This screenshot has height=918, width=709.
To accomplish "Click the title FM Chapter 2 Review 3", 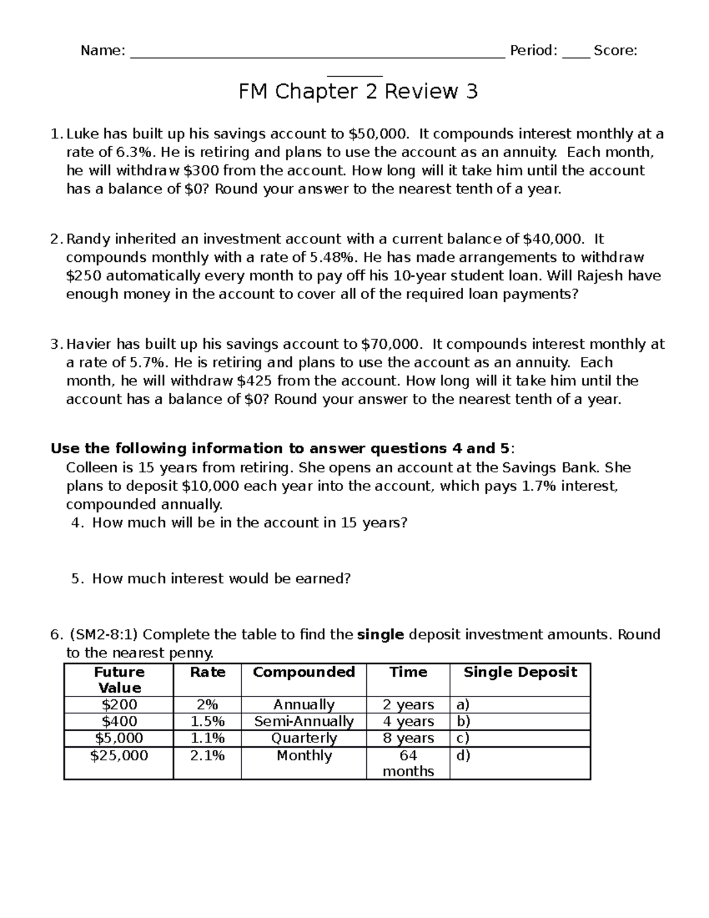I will pyautogui.click(x=357, y=92).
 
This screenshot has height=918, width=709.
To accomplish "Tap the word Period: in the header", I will pyautogui.click(x=533, y=51).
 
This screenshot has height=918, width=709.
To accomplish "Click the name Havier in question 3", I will pyautogui.click(x=89, y=344).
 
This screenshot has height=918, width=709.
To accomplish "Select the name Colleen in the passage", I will pyautogui.click(x=92, y=468).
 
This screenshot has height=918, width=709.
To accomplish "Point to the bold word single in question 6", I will pyautogui.click(x=381, y=635).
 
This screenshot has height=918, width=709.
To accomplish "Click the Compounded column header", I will pyautogui.click(x=304, y=672).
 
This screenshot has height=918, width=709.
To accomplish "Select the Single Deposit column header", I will pyautogui.click(x=520, y=672).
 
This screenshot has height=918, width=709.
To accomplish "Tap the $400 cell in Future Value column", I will pyautogui.click(x=119, y=721).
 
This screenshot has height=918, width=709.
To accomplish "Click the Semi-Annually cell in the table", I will pyautogui.click(x=304, y=721).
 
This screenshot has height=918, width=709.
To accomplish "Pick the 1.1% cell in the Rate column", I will pyautogui.click(x=207, y=738).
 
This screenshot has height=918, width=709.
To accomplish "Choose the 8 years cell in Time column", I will pyautogui.click(x=408, y=738).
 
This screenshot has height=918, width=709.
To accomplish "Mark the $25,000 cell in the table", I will pyautogui.click(x=119, y=755).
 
